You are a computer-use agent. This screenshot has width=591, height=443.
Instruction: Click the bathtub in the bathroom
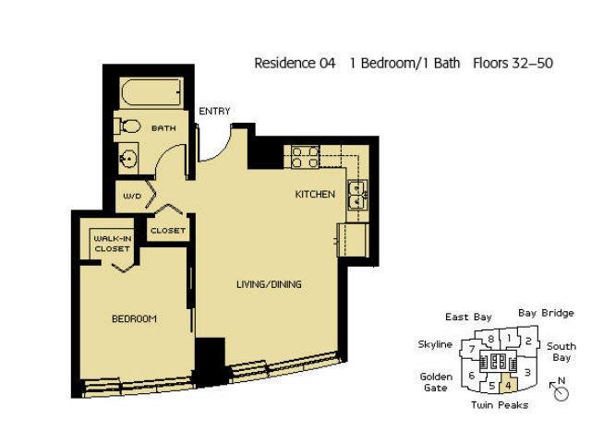point(151,93)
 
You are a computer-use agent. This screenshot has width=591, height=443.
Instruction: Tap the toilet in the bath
point(127,126)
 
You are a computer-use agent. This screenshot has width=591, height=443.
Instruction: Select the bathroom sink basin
point(127,159)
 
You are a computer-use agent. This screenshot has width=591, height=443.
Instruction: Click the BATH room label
point(163,128)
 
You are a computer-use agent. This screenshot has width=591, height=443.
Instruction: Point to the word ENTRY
point(214,112)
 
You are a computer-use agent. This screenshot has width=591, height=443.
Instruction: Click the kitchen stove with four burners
point(306,157)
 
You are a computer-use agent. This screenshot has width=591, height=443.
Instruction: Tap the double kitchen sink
point(357,195)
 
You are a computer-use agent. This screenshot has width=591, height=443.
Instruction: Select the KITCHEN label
point(315,195)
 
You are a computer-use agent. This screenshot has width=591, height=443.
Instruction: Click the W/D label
point(132,197)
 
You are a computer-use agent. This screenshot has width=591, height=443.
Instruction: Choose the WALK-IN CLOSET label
point(113,244)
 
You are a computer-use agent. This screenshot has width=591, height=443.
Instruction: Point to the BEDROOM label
point(134,319)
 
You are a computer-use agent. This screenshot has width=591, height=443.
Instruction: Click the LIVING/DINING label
point(269,284)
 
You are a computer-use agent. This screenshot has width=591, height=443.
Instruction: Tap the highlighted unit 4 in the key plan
point(509,385)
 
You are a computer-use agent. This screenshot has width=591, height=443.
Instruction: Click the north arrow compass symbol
point(560,390)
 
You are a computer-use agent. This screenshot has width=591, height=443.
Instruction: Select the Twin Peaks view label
point(500,405)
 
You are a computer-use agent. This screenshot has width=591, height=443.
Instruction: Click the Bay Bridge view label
point(546,314)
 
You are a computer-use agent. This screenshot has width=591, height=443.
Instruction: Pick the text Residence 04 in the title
point(295,63)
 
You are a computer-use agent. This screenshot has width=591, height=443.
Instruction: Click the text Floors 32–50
point(513,63)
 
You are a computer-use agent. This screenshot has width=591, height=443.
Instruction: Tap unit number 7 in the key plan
point(472,349)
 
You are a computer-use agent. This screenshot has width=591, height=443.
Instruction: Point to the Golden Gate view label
point(436,382)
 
